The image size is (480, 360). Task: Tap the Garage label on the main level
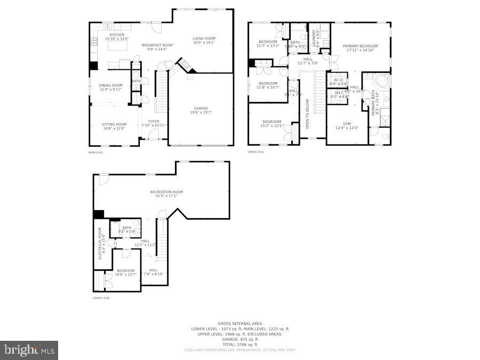click(201, 108)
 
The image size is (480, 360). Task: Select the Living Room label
click(204, 38)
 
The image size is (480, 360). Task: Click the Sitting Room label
click(114, 124)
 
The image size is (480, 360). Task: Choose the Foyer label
click(154, 122)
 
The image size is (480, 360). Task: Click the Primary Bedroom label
click(360, 46)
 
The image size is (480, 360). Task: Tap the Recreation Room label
click(166, 192)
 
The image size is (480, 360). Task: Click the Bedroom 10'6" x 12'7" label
click(126, 270)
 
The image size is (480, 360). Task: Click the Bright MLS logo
click(29, 350)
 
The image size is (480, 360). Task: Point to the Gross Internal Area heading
click(239, 324)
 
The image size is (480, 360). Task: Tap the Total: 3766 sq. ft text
click(239, 344)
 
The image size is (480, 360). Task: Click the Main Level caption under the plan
click(96, 153)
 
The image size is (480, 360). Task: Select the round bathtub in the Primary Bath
click(380, 82)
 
